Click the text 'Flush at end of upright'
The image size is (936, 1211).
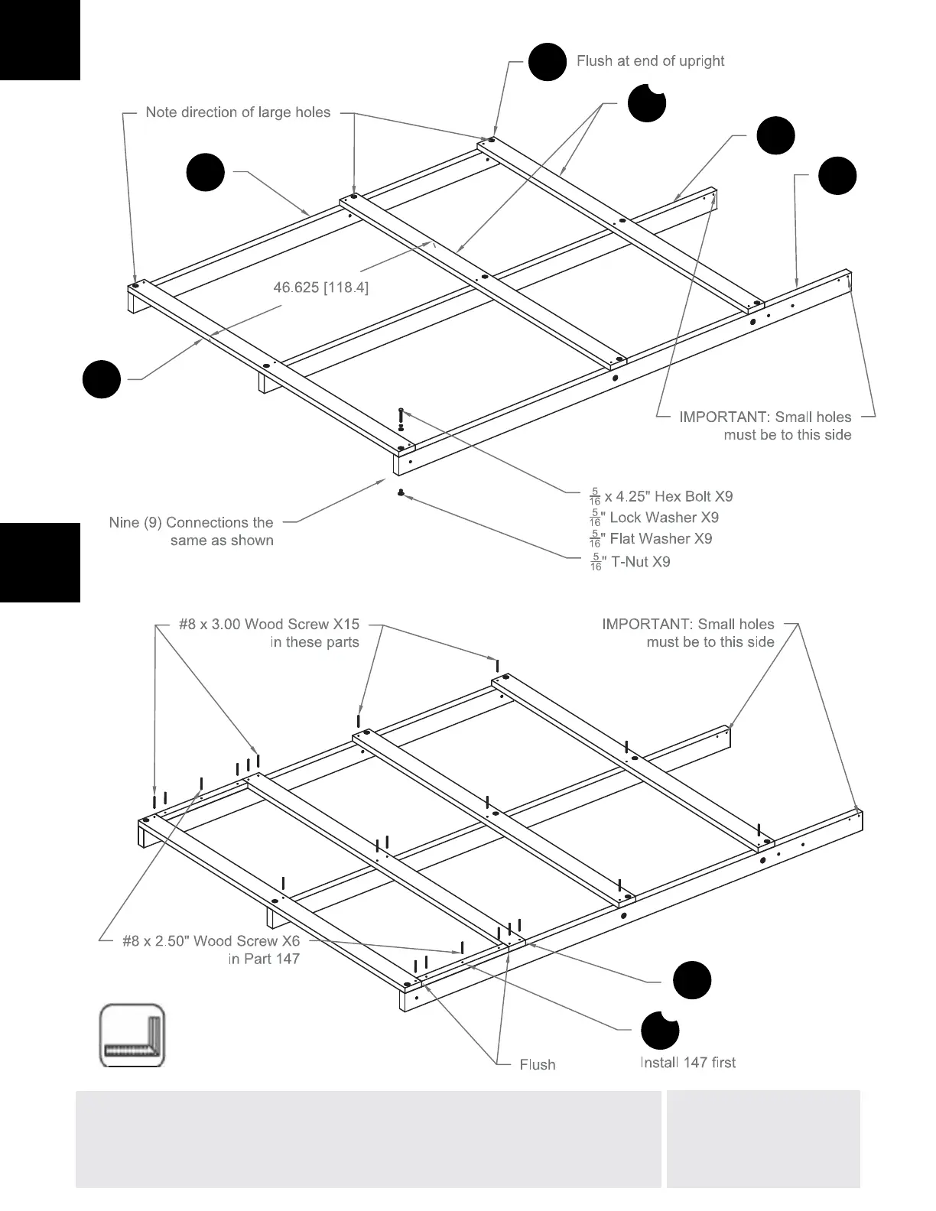point(650,61)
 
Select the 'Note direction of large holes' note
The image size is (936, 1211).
point(238,112)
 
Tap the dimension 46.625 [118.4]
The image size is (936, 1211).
point(321,287)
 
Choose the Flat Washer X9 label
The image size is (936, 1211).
point(651,539)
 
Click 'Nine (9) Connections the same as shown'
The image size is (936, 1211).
point(191,531)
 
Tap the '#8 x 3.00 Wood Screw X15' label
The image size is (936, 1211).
point(269,625)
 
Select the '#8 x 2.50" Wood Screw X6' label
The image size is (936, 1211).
point(211,941)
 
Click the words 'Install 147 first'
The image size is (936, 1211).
point(687,1063)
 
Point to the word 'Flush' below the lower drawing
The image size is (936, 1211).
point(537,1065)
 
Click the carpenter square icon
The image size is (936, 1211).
point(132,1035)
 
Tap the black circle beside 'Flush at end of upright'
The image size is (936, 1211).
point(548,61)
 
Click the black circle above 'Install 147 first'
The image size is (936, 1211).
point(659,1030)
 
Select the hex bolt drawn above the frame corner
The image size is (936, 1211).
point(401,419)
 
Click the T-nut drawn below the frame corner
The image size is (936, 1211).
point(400,493)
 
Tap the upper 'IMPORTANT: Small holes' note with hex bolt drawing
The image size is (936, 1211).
point(765,426)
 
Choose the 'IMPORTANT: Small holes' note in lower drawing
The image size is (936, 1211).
point(688,633)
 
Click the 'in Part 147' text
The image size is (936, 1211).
point(264,959)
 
